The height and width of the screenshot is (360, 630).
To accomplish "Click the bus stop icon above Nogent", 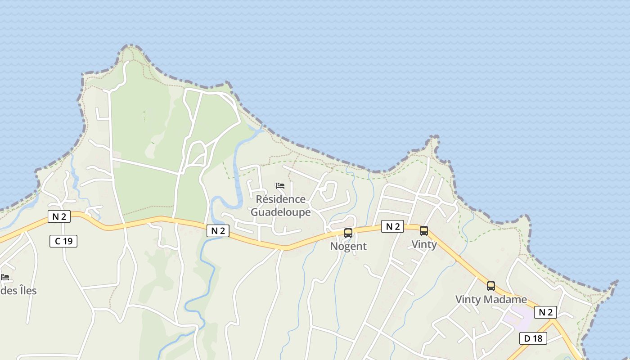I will [x=348, y=233].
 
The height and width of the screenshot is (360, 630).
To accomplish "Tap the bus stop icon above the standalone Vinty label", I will [x=424, y=231].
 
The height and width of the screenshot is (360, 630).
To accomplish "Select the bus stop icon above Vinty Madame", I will [x=491, y=286].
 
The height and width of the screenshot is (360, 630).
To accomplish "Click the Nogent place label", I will [x=348, y=246].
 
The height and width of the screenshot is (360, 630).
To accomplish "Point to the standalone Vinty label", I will [x=424, y=244].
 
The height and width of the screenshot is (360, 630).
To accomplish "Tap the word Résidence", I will [x=280, y=199].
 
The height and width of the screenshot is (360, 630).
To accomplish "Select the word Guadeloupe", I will [x=280, y=212].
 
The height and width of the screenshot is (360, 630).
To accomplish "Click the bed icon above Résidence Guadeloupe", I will [x=280, y=186].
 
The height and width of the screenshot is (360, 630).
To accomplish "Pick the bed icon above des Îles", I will [x=5, y=277].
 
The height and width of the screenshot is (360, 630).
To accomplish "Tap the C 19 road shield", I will [x=63, y=241].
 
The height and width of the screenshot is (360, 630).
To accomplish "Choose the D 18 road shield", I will [x=533, y=338].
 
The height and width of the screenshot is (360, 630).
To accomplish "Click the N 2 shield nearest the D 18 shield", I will [x=545, y=312].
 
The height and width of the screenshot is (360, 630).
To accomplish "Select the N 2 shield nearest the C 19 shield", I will [x=59, y=216].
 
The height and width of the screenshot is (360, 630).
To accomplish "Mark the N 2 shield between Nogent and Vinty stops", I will [x=392, y=226].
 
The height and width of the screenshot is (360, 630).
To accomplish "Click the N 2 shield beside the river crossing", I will [x=218, y=231].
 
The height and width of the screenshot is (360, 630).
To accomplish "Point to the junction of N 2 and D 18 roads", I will [x=553, y=320].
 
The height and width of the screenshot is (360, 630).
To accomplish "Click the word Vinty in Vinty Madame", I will [x=468, y=299].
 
